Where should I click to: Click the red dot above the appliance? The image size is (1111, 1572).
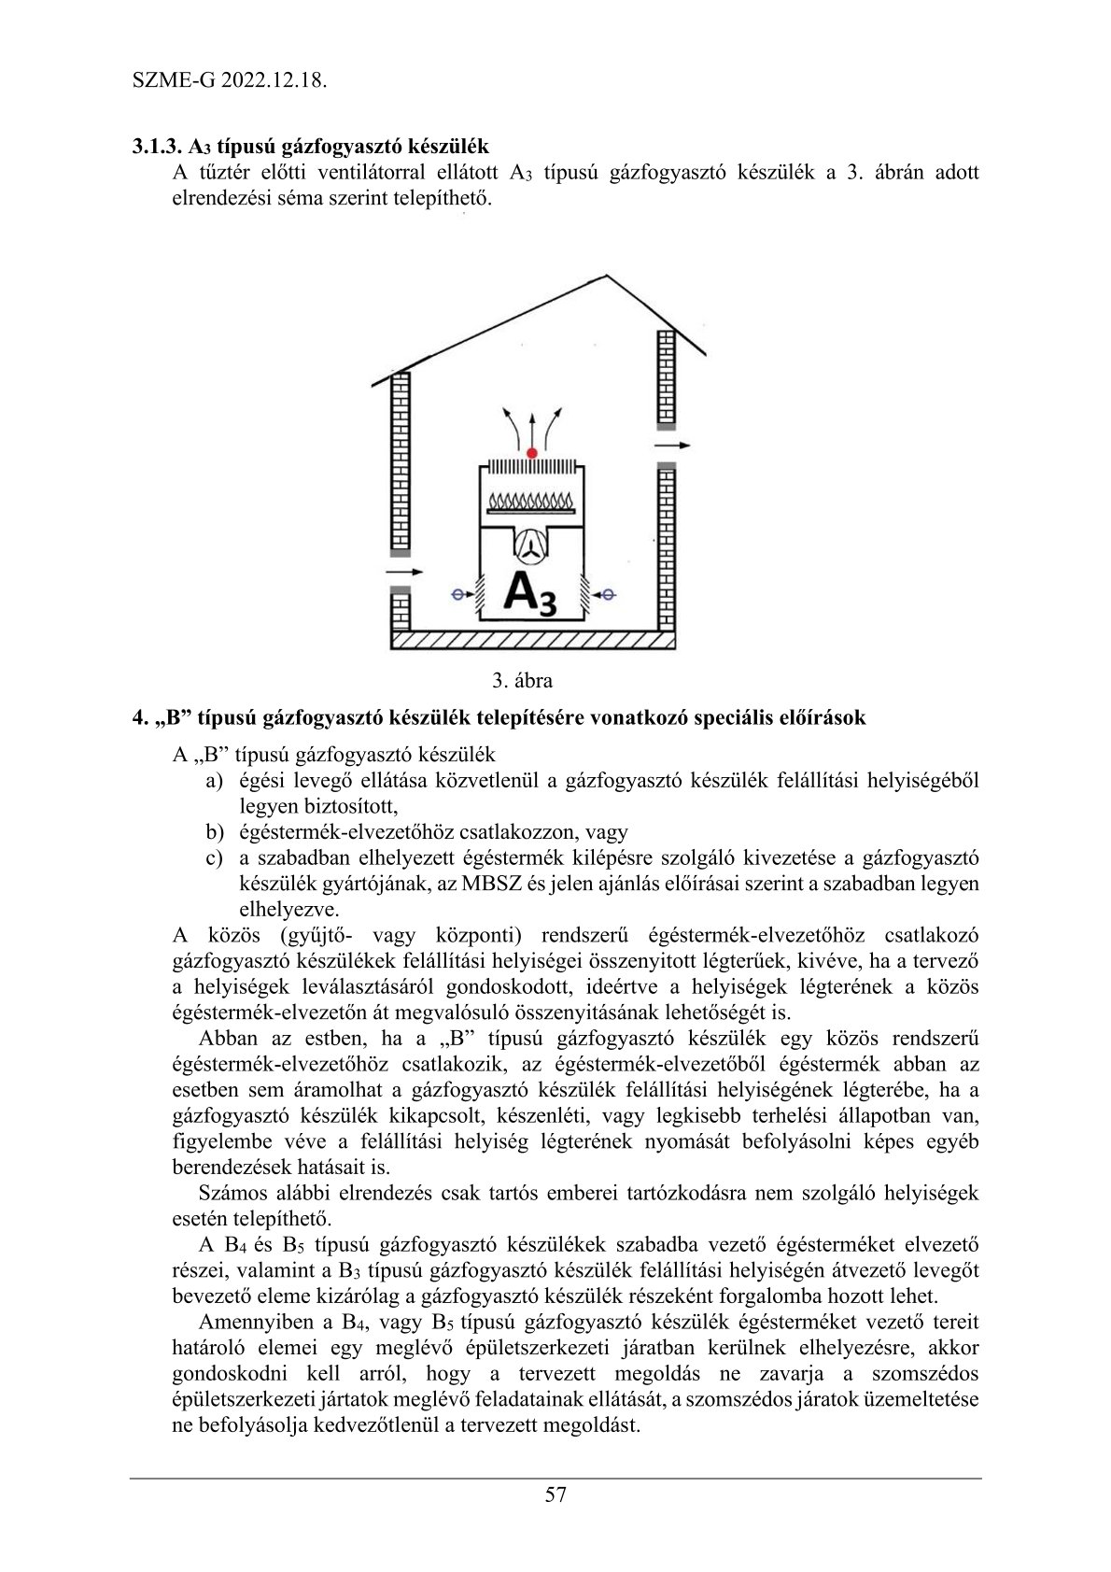(x=531, y=453)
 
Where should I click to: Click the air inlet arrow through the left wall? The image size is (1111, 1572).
(x=403, y=571)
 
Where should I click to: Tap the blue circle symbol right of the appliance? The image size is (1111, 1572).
(x=605, y=593)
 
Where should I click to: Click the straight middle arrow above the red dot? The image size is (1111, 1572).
(x=532, y=428)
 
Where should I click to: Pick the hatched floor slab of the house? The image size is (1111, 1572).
(x=531, y=640)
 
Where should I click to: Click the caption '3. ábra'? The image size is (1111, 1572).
(x=523, y=680)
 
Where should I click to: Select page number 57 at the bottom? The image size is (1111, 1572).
(x=555, y=1494)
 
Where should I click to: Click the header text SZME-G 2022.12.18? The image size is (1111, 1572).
(x=230, y=80)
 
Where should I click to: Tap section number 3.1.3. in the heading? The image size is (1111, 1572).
(x=158, y=147)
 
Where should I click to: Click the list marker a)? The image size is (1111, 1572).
(x=215, y=780)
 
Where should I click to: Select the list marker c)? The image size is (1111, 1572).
(x=215, y=857)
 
